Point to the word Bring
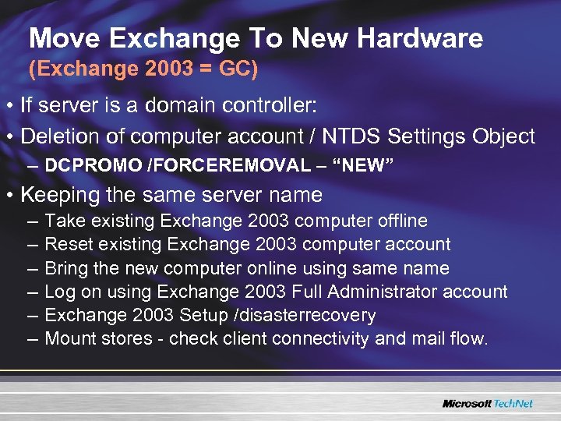click(x=65, y=269)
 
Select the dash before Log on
click(x=34, y=292)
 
